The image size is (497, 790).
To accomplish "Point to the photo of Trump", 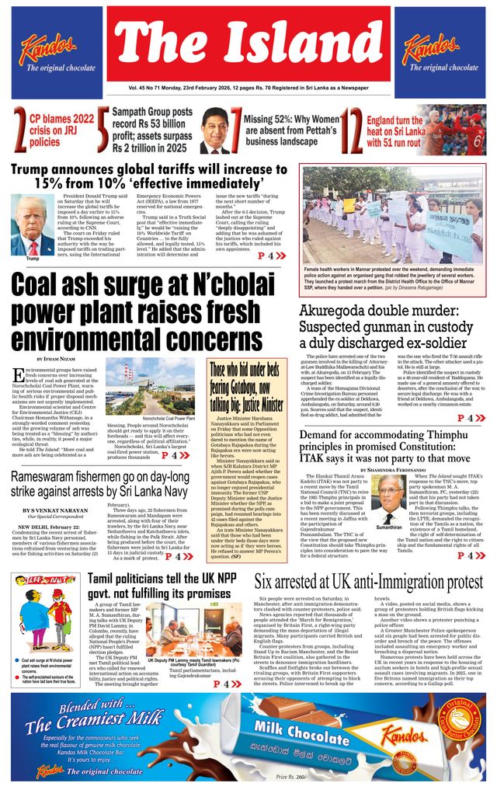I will click(33, 223).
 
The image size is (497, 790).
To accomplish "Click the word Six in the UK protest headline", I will click(266, 583).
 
